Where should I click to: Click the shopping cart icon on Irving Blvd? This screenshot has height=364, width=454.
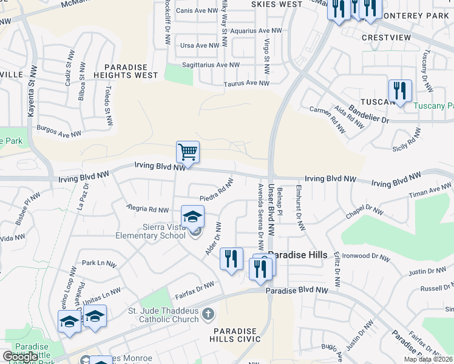pyautogui.click(x=188, y=152)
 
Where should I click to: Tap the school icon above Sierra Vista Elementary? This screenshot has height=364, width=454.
pyautogui.click(x=192, y=216)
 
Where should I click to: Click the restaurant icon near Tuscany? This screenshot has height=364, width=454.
pyautogui.click(x=400, y=91)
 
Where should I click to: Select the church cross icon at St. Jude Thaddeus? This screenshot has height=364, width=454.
pyautogui.click(x=208, y=314)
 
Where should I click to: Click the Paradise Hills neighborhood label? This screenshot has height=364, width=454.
pyautogui.click(x=298, y=255)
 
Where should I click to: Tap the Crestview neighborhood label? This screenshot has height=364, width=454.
pyautogui.click(x=386, y=38)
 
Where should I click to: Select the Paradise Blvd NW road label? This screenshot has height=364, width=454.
pyautogui.click(x=297, y=291)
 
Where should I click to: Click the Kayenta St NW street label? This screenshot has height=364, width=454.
pyautogui.click(x=32, y=92)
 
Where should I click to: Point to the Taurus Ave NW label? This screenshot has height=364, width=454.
pyautogui.click(x=246, y=84)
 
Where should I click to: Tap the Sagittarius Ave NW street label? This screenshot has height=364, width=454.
pyautogui.click(x=211, y=65)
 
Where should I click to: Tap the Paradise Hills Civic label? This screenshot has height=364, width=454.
pyautogui.click(x=235, y=335)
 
